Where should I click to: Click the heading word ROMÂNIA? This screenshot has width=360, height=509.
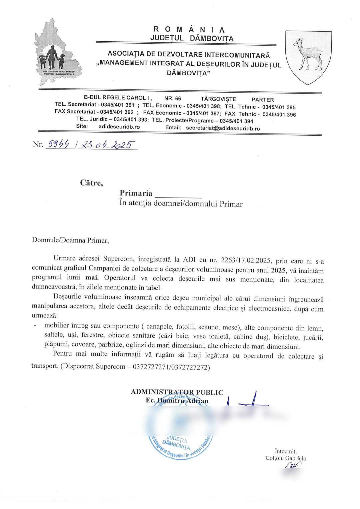tap(191, 30)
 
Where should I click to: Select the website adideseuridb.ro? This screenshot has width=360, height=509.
tap(119, 127)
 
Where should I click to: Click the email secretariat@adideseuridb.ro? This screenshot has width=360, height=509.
tap(223, 128)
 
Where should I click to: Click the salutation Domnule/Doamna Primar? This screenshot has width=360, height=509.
tap(70, 240)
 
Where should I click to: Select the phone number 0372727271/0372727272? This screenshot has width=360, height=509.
tap(171, 367)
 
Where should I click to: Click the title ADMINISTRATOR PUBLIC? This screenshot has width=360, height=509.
tap(177, 392)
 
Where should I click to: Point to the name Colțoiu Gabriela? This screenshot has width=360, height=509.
tap(286, 458)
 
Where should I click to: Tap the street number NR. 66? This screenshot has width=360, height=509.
tap(173, 99)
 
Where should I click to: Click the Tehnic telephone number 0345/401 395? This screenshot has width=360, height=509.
tap(279, 107)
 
